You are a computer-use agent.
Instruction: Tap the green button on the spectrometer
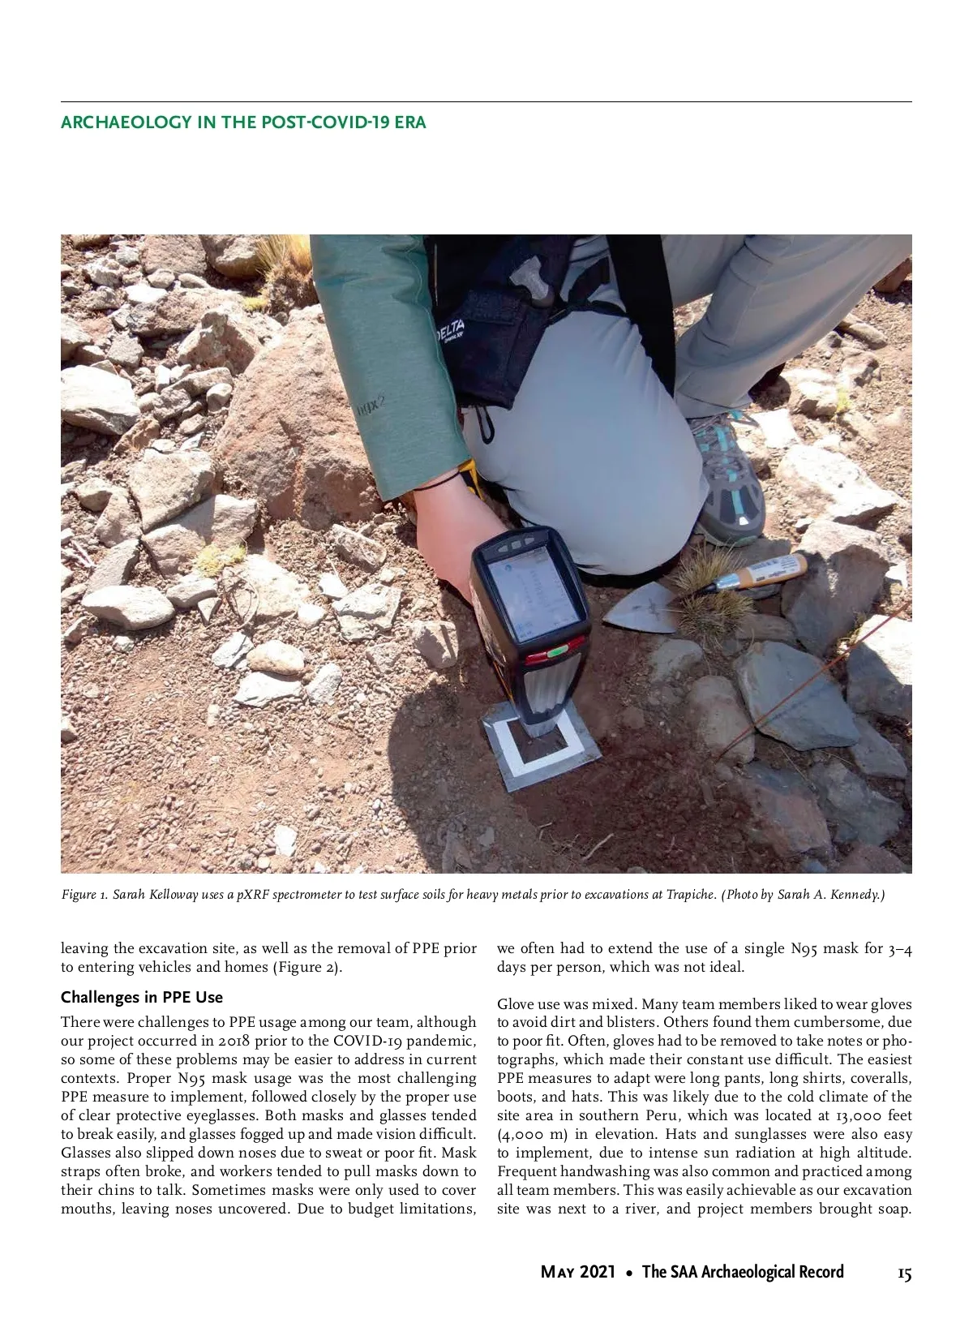coord(557,651)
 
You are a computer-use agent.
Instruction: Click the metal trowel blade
coord(641,608)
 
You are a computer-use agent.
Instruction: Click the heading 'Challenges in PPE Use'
coord(141,998)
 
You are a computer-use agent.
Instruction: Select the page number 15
coord(904,1273)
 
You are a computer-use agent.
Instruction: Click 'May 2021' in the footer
coord(577,1272)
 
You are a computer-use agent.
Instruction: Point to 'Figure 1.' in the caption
coord(84,896)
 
